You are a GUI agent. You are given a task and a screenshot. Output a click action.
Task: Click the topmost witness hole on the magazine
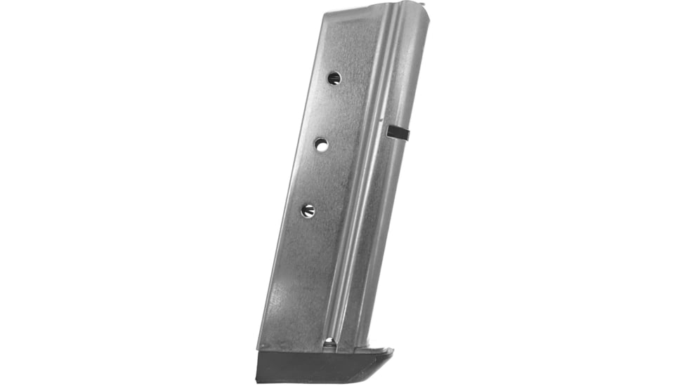pyautogui.click(x=334, y=78)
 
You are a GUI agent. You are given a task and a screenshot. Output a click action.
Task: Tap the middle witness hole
pyautogui.click(x=321, y=145)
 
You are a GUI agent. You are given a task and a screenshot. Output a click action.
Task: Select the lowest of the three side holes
pyautogui.click(x=308, y=210)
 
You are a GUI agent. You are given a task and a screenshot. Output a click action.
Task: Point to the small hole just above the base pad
pyautogui.click(x=329, y=342)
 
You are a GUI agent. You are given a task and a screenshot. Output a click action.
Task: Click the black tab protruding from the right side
pyautogui.click(x=397, y=131)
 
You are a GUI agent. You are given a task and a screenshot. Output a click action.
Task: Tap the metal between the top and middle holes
pyautogui.click(x=327, y=111)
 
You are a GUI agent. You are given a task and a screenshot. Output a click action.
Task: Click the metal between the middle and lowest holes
pyautogui.click(x=315, y=177)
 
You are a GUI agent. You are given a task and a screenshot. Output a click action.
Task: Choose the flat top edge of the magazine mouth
pyautogui.click(x=358, y=11)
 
